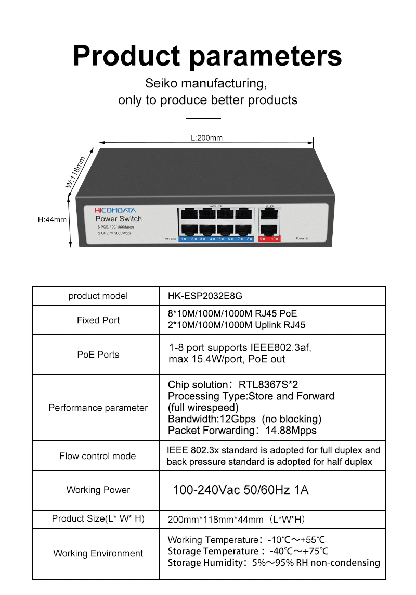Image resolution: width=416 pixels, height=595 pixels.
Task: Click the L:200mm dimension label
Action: pyautogui.click(x=206, y=138)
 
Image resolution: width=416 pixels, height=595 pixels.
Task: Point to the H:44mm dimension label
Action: pyautogui.click(x=53, y=220)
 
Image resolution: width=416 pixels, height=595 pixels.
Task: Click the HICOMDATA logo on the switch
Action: pyautogui.click(x=115, y=210)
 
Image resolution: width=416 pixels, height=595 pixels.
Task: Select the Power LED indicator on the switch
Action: pyautogui.click(x=307, y=238)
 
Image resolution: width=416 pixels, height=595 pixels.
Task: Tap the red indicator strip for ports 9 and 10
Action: pyautogui.click(x=269, y=239)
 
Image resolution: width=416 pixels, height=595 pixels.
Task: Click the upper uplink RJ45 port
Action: pyautogui.click(x=269, y=214)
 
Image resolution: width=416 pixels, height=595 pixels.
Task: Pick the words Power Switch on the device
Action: pyautogui.click(x=119, y=219)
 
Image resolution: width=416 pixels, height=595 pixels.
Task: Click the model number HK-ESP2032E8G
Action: pyautogui.click(x=205, y=296)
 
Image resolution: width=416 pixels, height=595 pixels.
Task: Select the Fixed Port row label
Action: pyautogui.click(x=98, y=320)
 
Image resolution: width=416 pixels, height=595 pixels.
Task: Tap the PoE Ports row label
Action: pyautogui.click(x=98, y=355)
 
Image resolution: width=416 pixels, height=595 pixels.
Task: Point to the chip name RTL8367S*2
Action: pyautogui.click(x=268, y=385)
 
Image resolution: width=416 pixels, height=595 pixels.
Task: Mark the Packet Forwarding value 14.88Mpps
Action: pyautogui.click(x=291, y=431)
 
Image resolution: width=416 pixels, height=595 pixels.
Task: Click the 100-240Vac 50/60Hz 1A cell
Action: pyautogui.click(x=240, y=490)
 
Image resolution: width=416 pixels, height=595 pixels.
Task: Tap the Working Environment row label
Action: pyautogui.click(x=98, y=553)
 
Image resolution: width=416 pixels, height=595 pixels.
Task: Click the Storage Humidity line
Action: pyautogui.click(x=274, y=563)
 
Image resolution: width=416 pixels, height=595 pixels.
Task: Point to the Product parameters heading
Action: pyautogui.click(x=207, y=56)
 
